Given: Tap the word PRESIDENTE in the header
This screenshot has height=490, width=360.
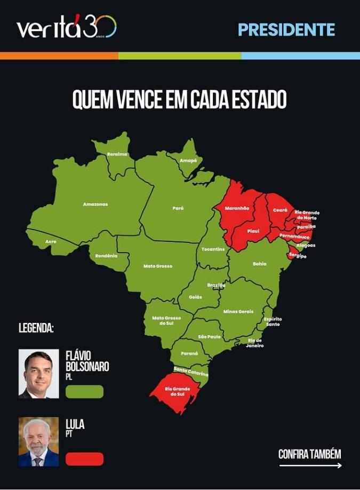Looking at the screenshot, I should [286, 29].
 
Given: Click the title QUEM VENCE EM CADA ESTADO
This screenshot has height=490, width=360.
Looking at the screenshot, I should [180, 99].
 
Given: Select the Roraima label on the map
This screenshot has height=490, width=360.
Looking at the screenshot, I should [117, 154].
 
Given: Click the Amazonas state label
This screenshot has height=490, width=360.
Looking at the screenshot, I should [95, 204].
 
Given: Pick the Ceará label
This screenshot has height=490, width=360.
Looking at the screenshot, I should [280, 210].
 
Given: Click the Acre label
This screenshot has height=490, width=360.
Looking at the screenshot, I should [51, 241].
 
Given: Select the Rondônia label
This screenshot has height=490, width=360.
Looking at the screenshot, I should [106, 256].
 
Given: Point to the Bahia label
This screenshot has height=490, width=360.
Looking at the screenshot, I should [260, 264].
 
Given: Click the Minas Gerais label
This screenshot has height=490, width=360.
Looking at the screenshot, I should [238, 311].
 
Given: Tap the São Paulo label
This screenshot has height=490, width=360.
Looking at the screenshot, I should [209, 337].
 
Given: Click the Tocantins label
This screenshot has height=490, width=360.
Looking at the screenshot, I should [213, 249].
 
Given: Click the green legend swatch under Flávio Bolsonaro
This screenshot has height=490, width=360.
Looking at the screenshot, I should [84, 391].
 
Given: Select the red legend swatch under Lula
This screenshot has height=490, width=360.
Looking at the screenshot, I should [84, 459].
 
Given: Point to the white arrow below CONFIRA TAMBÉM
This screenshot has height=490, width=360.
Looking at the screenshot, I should [310, 465].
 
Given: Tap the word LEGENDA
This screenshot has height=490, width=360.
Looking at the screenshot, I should [36, 328].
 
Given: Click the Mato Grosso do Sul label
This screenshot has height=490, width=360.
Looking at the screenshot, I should [166, 320].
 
